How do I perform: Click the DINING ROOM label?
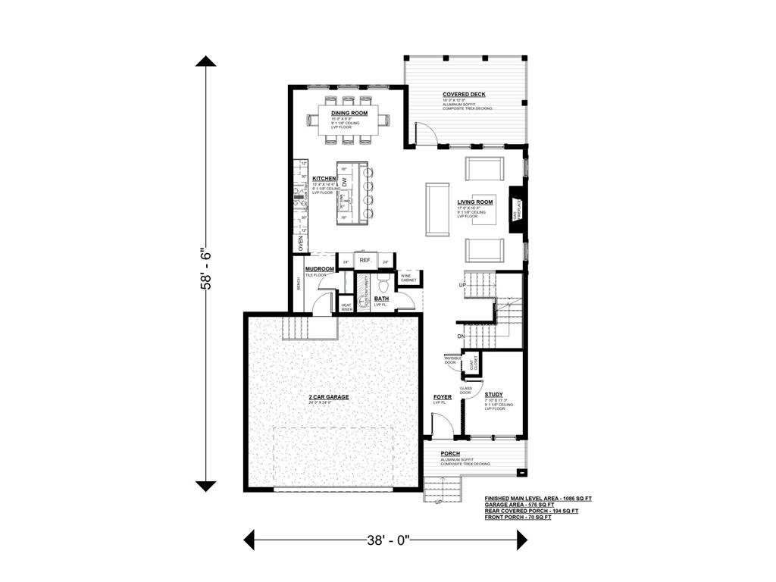[349, 113]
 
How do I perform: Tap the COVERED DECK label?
[464, 95]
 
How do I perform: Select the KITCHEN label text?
[324, 179]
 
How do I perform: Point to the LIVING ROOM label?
[475, 202]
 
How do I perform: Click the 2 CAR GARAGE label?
[328, 396]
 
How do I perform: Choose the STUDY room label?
[494, 395]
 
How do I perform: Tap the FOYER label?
[443, 397]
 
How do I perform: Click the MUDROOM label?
[320, 269]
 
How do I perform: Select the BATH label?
[381, 299]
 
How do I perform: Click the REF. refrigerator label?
[365, 261]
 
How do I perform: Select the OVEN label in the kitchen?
[301, 242]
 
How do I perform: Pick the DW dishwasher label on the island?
[345, 181]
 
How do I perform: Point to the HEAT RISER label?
[346, 307]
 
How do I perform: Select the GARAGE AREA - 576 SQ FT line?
[519, 505]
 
